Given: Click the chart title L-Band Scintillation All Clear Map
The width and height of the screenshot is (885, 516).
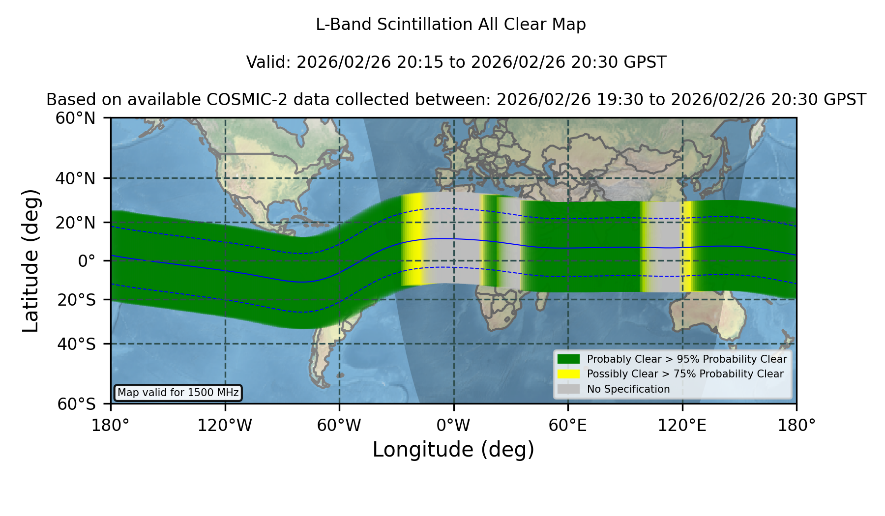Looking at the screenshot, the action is [450, 25].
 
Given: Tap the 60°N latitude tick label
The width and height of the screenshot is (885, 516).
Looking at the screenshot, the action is [75, 118].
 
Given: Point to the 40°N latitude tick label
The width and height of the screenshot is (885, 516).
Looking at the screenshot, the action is [75, 178].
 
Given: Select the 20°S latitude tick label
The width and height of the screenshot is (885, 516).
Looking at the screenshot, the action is [77, 300].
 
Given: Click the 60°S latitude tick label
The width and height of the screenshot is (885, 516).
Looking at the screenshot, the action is [77, 404].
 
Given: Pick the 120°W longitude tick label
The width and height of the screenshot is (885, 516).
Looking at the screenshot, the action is [225, 426].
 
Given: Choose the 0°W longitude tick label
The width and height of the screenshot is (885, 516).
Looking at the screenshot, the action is [454, 426].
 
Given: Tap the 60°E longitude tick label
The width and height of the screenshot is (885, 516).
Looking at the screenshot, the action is [568, 426].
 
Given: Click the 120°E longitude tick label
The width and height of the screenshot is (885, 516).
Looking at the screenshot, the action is [682, 426].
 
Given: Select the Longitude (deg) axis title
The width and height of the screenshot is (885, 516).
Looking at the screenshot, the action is [453, 450].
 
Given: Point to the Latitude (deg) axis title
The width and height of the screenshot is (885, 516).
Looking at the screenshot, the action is [31, 260].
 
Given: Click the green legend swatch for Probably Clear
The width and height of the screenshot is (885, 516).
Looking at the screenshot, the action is [569, 359].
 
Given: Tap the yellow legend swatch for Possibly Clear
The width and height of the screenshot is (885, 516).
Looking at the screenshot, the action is [569, 374].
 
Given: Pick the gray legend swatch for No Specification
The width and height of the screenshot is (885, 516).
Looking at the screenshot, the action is [569, 389].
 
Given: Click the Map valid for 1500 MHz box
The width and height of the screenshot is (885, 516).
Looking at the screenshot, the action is [178, 393].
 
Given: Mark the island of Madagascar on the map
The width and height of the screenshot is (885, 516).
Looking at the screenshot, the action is [541, 296].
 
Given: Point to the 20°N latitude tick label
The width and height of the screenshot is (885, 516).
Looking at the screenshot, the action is [75, 223].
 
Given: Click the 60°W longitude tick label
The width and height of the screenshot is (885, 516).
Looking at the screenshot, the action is [339, 426].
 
